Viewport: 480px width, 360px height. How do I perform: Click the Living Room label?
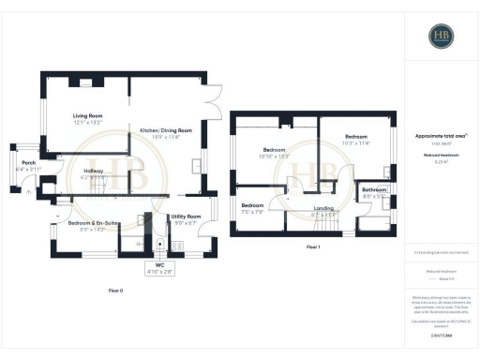pyautogui.click(x=87, y=115)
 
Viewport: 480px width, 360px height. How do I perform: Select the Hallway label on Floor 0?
pyautogui.click(x=94, y=170)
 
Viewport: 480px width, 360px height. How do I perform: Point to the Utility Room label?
pyautogui.click(x=185, y=216)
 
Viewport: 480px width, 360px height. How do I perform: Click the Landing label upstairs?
pyautogui.click(x=323, y=209)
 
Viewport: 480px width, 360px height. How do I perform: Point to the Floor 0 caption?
pyautogui.click(x=115, y=292)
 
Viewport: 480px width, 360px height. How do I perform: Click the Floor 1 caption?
pyautogui.click(x=312, y=247)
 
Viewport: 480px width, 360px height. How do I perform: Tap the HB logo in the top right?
pyautogui.click(x=440, y=37)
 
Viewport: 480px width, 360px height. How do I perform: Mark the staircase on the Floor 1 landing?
pyautogui.click(x=328, y=222)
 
